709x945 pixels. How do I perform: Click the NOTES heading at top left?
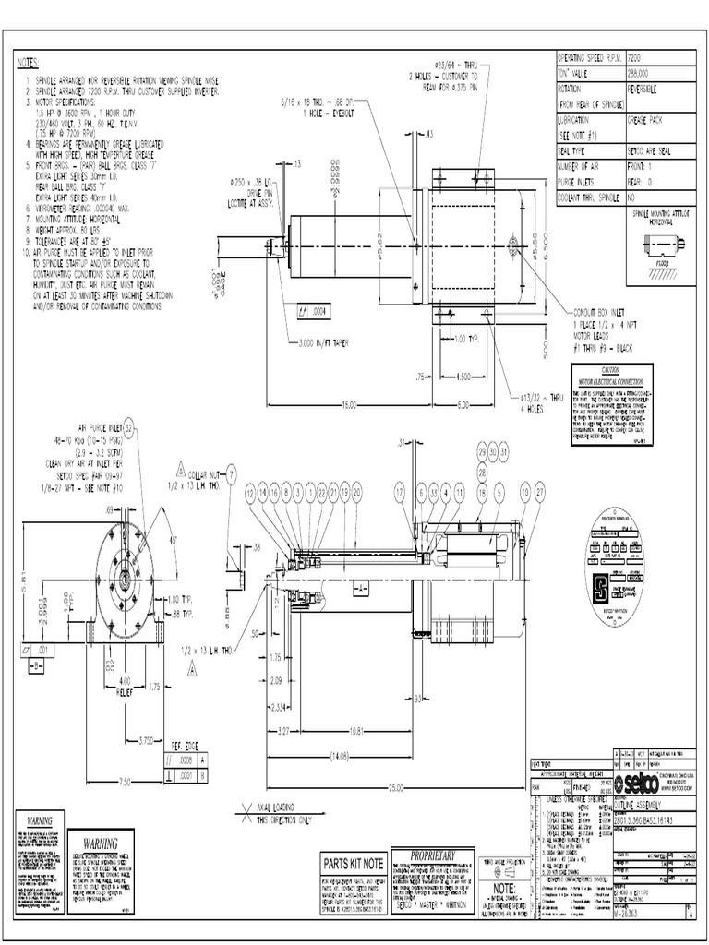coord(30,63)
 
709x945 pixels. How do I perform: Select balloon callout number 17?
coord(400,494)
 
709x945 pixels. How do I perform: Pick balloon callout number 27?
coord(540,494)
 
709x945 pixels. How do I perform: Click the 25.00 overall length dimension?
coord(398,786)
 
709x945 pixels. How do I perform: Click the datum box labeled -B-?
coord(37,664)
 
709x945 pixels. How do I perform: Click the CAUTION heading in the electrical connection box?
coord(603,368)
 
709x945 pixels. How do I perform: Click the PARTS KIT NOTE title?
coord(353,863)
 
